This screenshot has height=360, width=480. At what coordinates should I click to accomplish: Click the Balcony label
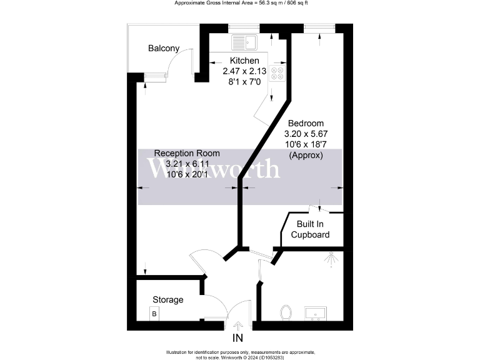point(164,48)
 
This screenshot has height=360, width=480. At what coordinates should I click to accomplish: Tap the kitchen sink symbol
point(244,42)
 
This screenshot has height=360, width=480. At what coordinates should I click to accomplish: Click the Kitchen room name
point(244,61)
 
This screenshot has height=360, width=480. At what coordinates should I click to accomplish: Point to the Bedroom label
point(306,123)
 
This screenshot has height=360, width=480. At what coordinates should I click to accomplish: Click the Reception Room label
point(187,153)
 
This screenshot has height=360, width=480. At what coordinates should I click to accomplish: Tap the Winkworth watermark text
point(213,169)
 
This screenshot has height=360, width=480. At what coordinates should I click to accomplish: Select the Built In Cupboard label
point(310,229)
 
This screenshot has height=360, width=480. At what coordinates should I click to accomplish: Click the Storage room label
point(168,300)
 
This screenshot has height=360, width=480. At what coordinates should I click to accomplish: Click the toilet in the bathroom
point(287,311)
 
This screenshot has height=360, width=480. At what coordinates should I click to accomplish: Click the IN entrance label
point(237,339)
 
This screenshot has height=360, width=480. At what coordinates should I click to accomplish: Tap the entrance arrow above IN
point(237,325)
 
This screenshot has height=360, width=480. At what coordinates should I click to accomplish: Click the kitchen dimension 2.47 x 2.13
point(244,71)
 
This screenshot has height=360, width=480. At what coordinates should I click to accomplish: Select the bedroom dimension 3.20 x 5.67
point(306,134)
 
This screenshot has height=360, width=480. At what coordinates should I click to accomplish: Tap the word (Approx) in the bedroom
point(306,156)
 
